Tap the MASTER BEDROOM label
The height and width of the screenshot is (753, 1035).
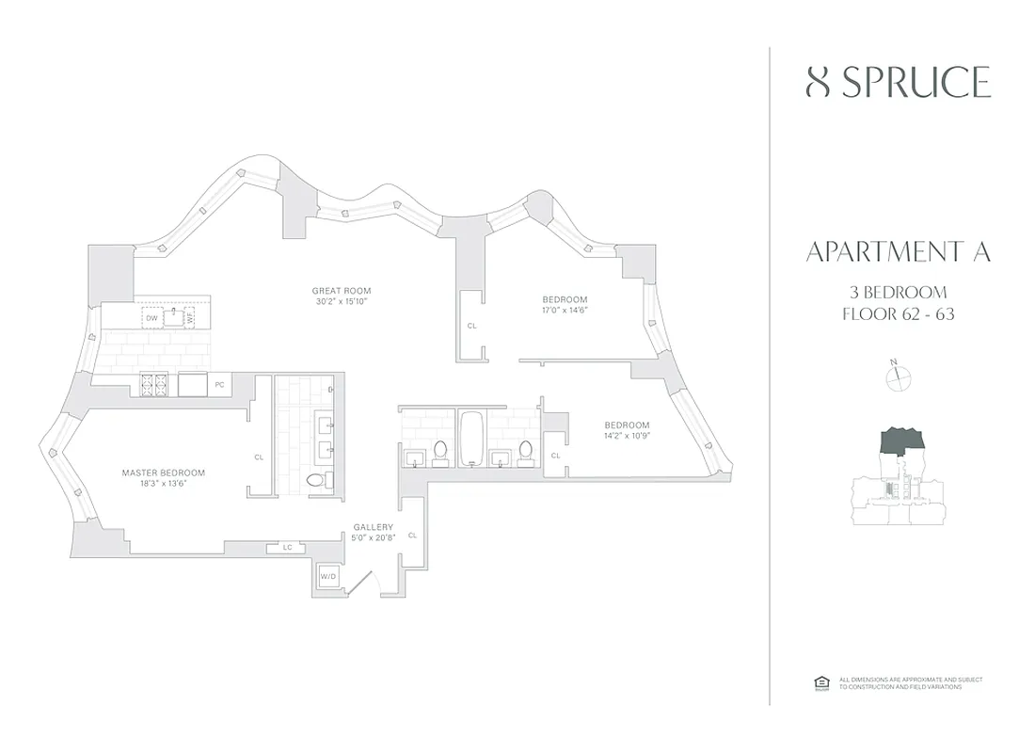click(164, 473)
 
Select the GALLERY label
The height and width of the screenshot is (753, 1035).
click(373, 527)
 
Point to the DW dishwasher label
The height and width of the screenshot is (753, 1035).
click(151, 318)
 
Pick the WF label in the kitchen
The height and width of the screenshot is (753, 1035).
click(190, 318)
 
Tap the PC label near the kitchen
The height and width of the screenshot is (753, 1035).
click(218, 384)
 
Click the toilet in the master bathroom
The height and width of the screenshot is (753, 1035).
click(315, 479)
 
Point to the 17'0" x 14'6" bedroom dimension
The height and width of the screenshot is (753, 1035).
click(565, 311)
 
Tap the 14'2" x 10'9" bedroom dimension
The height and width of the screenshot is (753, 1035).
click(627, 436)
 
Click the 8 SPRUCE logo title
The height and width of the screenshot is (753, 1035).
click(899, 83)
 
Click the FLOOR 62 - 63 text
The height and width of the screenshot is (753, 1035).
click(899, 314)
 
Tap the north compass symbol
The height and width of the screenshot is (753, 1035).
click(900, 376)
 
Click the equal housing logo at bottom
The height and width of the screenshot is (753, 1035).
click(820, 683)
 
